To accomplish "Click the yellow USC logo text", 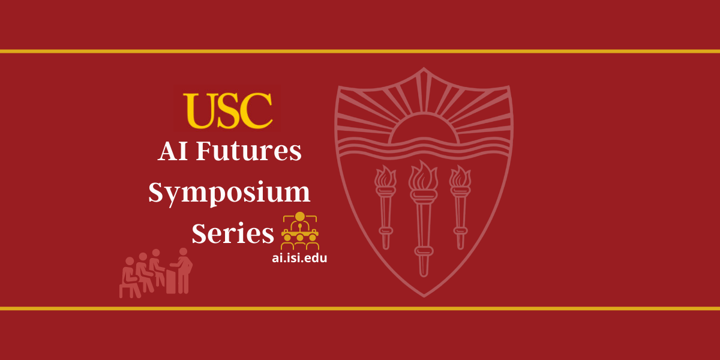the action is tap(228, 111).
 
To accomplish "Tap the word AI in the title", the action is tap(173, 151).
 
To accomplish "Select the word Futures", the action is tap(249, 151).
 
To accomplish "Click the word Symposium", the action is tap(229, 193).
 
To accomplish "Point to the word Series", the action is tap(233, 233).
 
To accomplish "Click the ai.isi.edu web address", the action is tap(299, 258).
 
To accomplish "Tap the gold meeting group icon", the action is tap(300, 230).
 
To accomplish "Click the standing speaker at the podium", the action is tap(182, 271).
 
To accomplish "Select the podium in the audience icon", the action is tap(170, 281).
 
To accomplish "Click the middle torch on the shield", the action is tap(423, 218).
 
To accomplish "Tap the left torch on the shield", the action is tap(385, 208).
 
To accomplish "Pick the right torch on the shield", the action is tap(460, 208).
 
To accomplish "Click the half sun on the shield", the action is tap(424, 128).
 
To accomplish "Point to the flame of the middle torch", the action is tap(423, 175).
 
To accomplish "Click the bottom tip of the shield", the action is tap(424, 296).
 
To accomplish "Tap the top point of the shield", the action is tap(424, 68).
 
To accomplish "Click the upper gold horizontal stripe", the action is tap(360, 52).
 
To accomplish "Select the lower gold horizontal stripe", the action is tap(360, 308).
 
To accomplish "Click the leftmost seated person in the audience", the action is tap(130, 278).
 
